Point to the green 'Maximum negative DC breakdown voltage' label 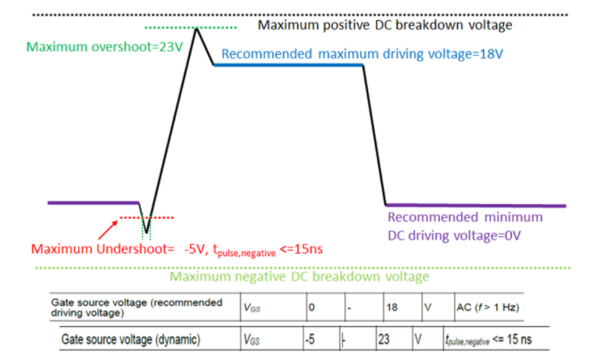[x=299, y=277]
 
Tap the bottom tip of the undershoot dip [x=147, y=233]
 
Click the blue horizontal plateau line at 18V [x=288, y=67]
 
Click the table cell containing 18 [x=392, y=307]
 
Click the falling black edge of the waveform [x=374, y=135]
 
